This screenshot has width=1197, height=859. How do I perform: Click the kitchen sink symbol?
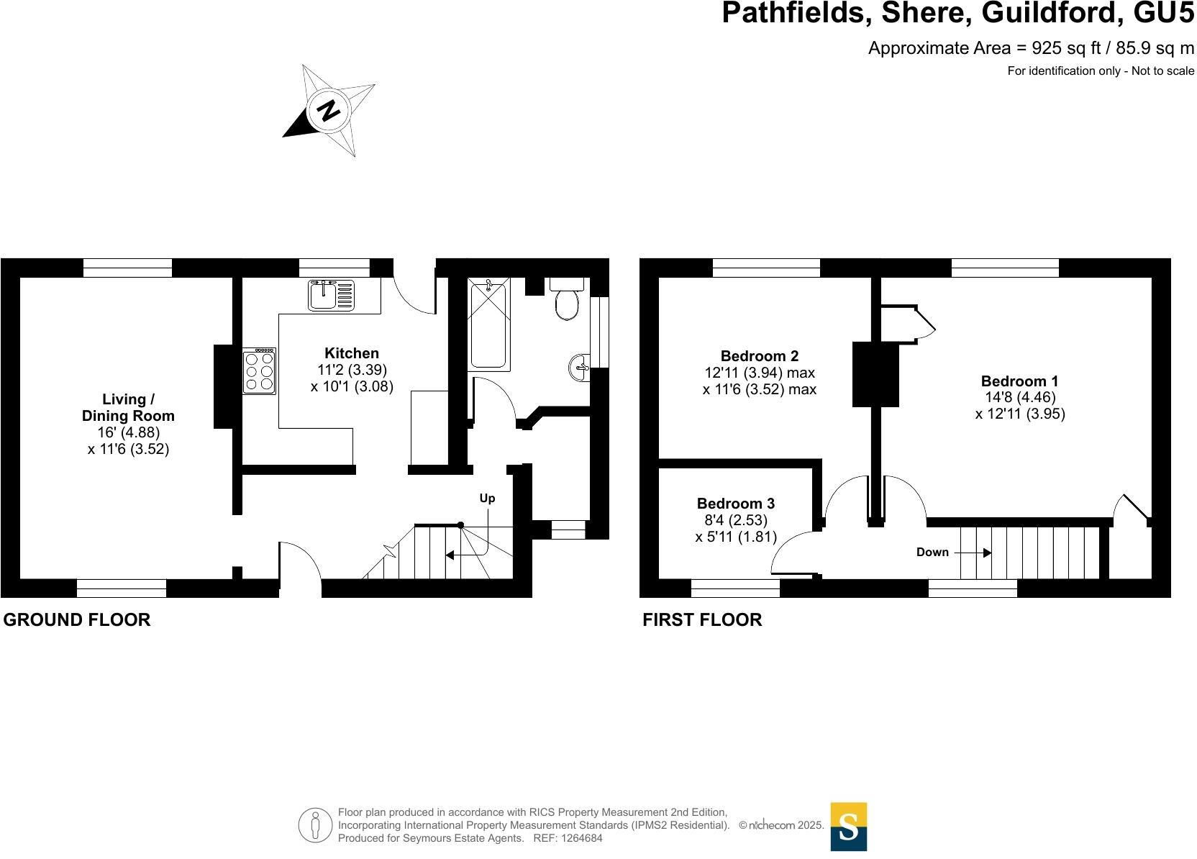pos(331,295)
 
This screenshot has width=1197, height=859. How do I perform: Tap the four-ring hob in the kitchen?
pos(259,371)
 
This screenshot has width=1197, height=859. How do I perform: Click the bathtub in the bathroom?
pos(489,325)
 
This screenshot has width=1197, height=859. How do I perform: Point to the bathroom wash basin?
pos(579,368)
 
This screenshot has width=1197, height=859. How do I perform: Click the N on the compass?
pos(329,111)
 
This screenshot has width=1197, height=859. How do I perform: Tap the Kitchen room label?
pos(352,353)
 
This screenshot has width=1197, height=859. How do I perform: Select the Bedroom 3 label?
pos(736,504)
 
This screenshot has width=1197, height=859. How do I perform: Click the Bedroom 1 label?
pos(1019,381)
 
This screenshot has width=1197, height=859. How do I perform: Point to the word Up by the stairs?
pos(487,499)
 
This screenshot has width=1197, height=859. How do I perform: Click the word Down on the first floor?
pos(932,553)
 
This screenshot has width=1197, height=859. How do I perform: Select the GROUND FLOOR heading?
pos(77,619)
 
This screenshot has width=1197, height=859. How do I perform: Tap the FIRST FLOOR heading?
pos(702,619)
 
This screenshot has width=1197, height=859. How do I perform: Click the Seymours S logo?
pos(849,827)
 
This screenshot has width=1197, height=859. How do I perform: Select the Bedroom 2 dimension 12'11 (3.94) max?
pos(759,373)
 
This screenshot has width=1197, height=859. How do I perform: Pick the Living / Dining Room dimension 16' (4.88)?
pos(128,432)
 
